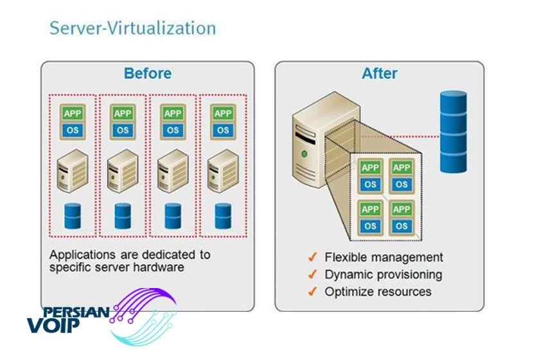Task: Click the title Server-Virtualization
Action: coord(132,28)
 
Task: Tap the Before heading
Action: coord(148,73)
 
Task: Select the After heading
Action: coord(380,73)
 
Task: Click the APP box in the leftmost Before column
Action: coord(73,113)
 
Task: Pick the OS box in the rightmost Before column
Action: coord(223,130)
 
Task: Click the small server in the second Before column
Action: coord(123,171)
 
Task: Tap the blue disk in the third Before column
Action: coord(173,216)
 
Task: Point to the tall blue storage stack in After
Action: coord(454,132)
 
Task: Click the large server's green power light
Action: coord(304,154)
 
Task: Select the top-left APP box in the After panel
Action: coord(370,168)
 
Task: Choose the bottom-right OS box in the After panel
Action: coord(402,226)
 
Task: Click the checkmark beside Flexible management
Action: coord(313,256)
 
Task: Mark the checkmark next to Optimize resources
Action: coord(313,291)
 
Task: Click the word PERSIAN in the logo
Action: coord(76,312)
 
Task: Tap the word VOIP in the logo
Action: coord(53,325)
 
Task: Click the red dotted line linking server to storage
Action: coord(400,136)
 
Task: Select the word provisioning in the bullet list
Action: coord(409,275)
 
